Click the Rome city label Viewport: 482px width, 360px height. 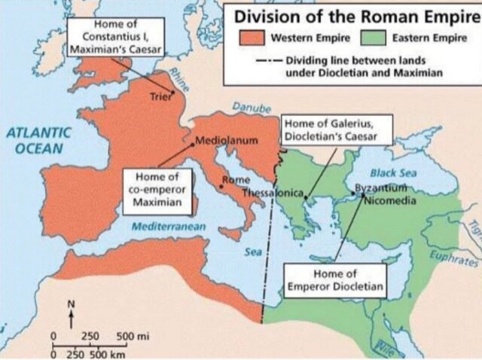click(235, 180)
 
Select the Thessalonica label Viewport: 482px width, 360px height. click(273, 194)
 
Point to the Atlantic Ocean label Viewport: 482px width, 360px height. click(39, 139)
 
